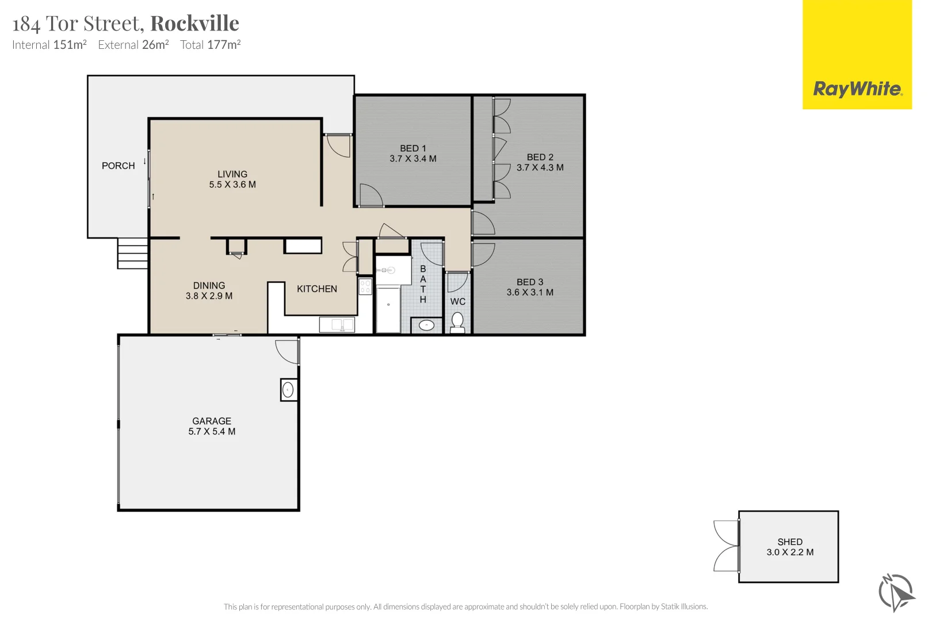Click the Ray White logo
click(x=857, y=89)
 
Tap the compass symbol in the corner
click(x=895, y=592)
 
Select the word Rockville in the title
click(x=194, y=24)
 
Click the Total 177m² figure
click(x=210, y=45)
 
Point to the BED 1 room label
click(x=412, y=148)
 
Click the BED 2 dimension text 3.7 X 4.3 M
click(x=540, y=168)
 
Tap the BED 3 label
click(x=529, y=282)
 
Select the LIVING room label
click(x=232, y=174)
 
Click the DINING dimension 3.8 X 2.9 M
click(x=209, y=296)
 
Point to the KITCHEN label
click(x=316, y=289)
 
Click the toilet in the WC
click(x=457, y=322)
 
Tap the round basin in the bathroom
click(x=426, y=325)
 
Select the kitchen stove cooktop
click(x=365, y=286)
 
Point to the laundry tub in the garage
click(x=288, y=390)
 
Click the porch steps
click(x=133, y=253)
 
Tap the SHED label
click(x=789, y=542)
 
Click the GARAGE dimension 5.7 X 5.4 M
click(x=212, y=432)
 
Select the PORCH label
click(x=118, y=166)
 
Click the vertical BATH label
click(x=423, y=284)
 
